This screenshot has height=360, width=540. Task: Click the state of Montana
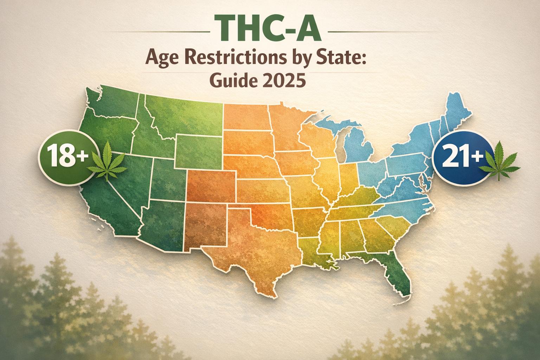point(183,112)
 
